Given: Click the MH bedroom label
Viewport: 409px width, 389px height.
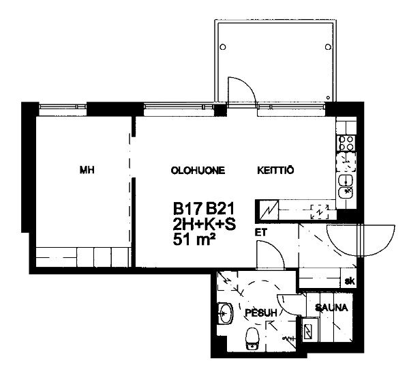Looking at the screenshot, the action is pos(87,170).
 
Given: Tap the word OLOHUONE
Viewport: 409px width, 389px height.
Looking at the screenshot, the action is pos(198,171).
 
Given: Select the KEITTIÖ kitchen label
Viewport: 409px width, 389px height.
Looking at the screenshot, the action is pos(275,170).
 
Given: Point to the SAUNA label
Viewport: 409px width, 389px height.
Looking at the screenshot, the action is pos(331,308).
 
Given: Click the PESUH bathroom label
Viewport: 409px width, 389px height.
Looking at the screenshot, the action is pos(261,313).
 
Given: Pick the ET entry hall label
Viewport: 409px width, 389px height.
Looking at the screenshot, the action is pos(261,232).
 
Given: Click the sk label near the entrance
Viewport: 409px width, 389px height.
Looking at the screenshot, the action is pos(350,281).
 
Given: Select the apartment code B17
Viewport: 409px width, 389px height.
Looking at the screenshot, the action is pos(187,209).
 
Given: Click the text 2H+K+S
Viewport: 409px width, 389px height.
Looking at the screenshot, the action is pos(204,224).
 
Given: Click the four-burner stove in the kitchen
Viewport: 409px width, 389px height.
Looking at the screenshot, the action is pos(346,143).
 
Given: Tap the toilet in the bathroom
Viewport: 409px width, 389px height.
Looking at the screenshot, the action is pos(252,338).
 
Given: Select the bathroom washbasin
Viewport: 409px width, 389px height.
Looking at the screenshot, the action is pos(224,313).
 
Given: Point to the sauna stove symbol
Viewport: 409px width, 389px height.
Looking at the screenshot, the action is pos(310,330).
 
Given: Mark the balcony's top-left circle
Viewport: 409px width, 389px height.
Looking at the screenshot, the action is pos(223,47).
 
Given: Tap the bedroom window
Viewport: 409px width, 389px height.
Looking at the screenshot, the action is pos(63,106).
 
